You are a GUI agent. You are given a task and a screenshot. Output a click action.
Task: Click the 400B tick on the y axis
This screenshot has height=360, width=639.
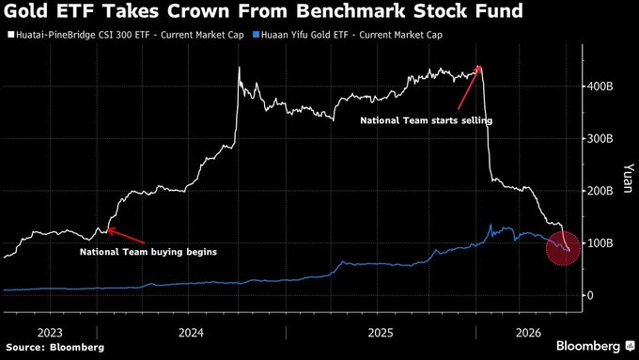pos(600,86)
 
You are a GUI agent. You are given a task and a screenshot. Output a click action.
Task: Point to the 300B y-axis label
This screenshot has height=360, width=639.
pos(600,138)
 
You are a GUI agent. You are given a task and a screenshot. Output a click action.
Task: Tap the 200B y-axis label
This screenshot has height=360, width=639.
pos(600,191)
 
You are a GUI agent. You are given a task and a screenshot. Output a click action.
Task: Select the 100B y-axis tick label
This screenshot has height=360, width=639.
pos(600,243)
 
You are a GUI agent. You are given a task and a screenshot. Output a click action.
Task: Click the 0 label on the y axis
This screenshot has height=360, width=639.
pos(590,295)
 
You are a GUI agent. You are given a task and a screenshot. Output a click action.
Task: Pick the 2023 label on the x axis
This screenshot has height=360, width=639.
pos(50,333)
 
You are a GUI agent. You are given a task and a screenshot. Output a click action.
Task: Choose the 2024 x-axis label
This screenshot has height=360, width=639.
pos(191,333)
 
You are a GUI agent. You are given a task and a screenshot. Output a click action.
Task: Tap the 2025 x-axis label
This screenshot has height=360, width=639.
pos(381,333)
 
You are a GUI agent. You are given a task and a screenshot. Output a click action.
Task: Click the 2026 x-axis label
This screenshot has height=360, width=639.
pos(528,333)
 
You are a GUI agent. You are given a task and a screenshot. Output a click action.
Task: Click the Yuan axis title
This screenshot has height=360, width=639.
pos(629,178)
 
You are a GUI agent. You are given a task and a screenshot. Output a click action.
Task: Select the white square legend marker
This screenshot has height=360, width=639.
pos(10,35)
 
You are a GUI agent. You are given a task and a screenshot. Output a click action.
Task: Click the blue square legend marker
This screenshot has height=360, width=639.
pos(256,35)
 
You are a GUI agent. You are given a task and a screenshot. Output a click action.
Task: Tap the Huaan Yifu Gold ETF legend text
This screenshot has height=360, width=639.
pos(351,35)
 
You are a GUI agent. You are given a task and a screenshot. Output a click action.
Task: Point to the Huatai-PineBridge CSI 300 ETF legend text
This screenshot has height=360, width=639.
pos(130,35)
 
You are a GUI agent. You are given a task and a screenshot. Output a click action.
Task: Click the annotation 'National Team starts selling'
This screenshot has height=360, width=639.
pos(427,120)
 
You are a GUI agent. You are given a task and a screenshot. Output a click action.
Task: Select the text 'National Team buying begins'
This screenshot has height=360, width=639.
pos(148,252)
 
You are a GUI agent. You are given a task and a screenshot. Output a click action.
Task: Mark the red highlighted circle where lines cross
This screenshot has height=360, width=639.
pos(563,248)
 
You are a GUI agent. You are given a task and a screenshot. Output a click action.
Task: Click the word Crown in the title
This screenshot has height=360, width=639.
pos(199,11)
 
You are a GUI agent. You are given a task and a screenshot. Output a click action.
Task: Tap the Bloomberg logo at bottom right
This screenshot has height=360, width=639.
pos(595,346)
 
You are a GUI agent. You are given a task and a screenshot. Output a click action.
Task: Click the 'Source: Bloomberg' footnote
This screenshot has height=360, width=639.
pos(55,348)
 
